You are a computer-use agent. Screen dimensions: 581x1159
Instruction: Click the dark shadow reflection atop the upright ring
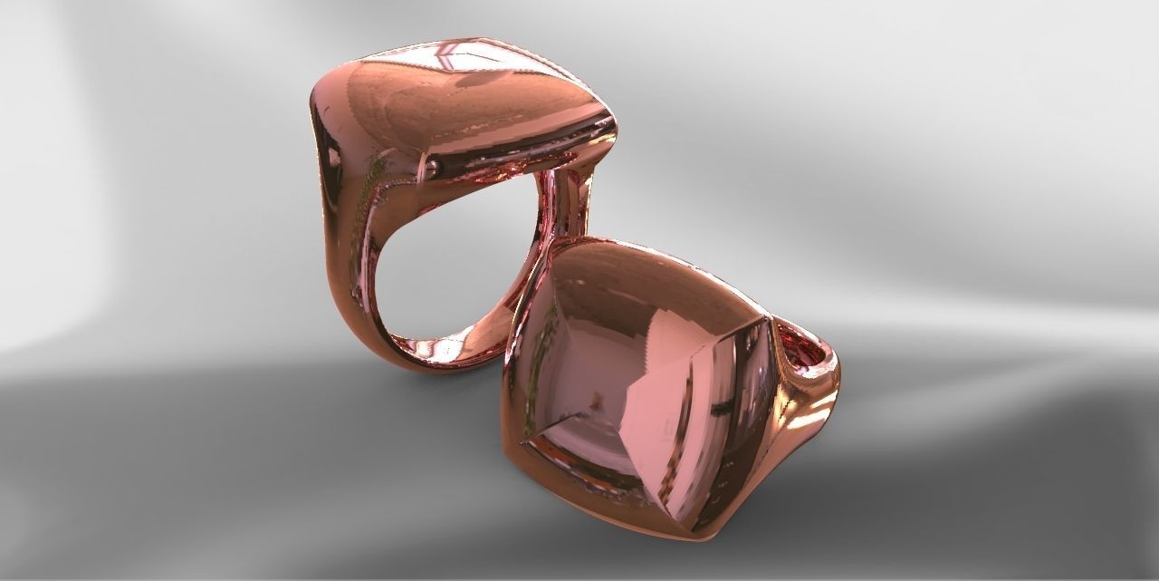(x=480, y=82)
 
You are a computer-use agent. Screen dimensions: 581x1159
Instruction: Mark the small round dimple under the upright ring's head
(x=432, y=165)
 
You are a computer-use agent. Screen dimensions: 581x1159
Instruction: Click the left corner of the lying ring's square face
(x=522, y=441)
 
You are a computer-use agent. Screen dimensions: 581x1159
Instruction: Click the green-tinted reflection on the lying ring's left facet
(x=543, y=363)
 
